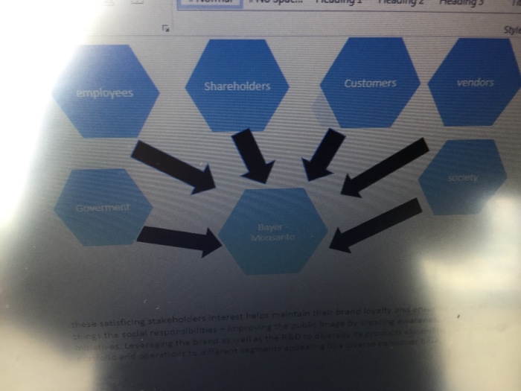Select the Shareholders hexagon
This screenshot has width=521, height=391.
[237, 84]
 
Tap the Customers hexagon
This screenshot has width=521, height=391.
[370, 82]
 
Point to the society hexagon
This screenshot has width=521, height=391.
[463, 177]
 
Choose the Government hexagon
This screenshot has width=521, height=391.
[103, 207]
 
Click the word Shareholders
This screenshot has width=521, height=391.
[237, 86]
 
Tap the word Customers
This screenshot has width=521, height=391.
[370, 83]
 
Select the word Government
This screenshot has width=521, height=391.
[103, 208]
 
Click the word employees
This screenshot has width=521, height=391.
[104, 93]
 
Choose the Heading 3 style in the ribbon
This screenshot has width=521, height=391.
[461, 3]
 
